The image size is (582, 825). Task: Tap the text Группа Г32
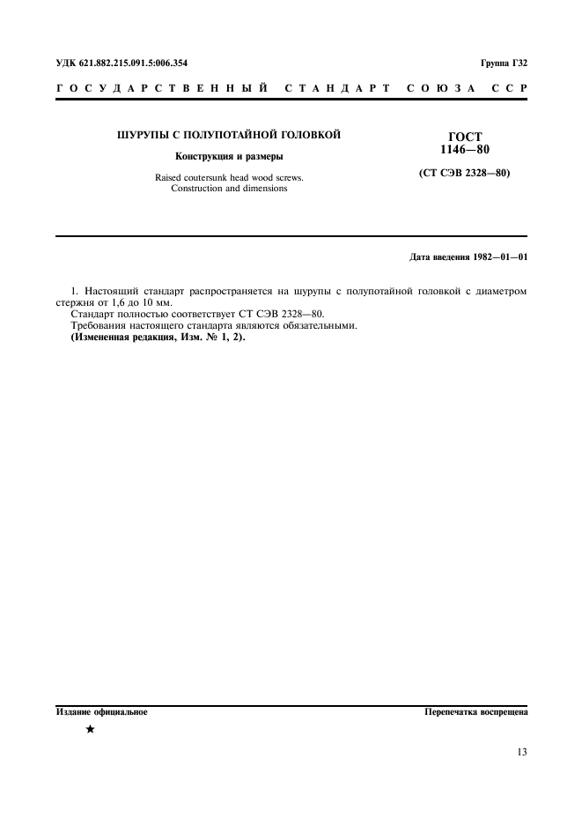[x=504, y=63]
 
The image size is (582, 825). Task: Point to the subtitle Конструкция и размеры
[x=229, y=157]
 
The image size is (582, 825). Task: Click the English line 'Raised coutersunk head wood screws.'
[x=229, y=177]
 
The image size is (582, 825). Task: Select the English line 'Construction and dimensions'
[x=229, y=189]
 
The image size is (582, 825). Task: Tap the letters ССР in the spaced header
[x=507, y=89]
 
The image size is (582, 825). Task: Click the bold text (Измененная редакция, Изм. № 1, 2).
[x=158, y=337]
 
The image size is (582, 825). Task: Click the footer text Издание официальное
[x=101, y=710]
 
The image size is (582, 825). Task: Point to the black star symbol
[x=90, y=730]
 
